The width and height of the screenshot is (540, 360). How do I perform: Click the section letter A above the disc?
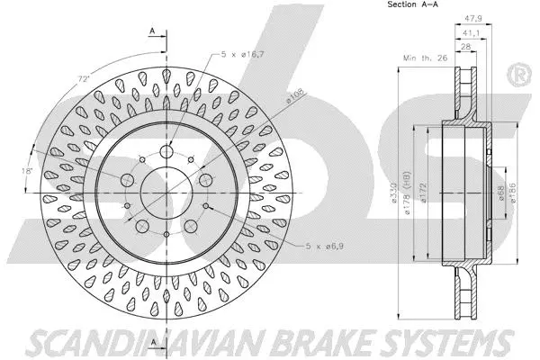click(x=154, y=31)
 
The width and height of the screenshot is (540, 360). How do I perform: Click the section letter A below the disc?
click(x=154, y=342)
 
